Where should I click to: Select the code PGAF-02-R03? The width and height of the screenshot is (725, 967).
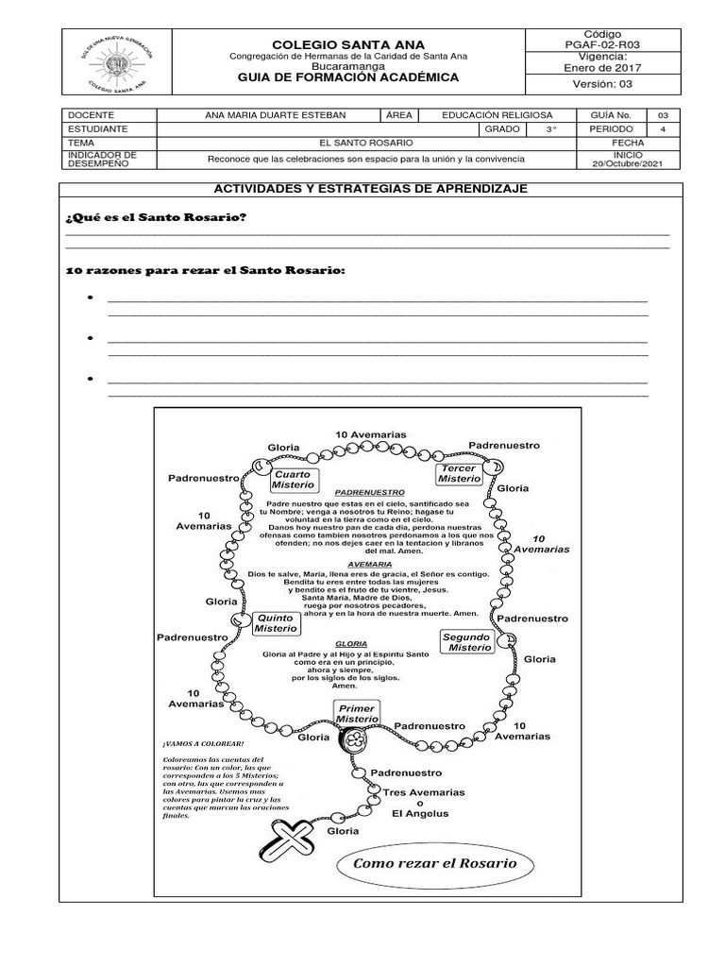[602, 43]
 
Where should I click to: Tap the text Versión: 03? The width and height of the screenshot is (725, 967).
[602, 85]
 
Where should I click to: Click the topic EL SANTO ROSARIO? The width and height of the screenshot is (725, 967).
[366, 143]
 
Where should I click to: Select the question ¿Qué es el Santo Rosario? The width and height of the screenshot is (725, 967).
[156, 218]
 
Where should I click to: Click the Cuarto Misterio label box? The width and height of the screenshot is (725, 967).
[294, 479]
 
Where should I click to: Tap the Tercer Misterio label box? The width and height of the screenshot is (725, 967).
[459, 473]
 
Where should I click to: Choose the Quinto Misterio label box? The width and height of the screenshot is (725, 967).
[277, 622]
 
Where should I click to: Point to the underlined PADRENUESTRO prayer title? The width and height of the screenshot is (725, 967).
[370, 492]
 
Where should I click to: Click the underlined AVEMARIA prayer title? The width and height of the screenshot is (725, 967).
[370, 564]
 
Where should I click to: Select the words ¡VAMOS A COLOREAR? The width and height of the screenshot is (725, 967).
[190, 744]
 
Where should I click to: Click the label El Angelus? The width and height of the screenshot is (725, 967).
[421, 813]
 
